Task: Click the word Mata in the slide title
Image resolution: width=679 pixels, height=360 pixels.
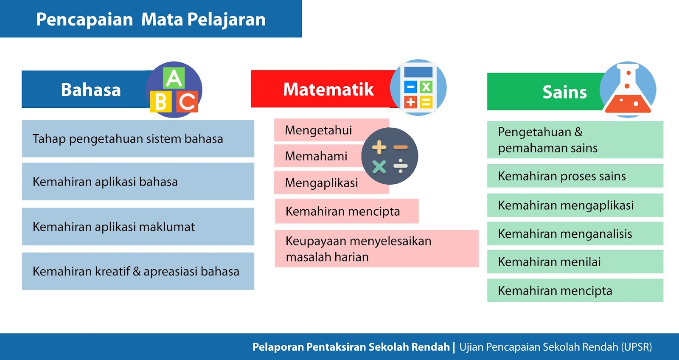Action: click(162, 20)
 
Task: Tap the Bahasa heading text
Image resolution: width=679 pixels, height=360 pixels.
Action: click(91, 90)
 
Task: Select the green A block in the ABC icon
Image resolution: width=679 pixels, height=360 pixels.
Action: click(174, 78)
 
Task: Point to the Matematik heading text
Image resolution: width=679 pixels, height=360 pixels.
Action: click(328, 90)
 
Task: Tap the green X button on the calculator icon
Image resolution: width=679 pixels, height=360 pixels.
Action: click(426, 87)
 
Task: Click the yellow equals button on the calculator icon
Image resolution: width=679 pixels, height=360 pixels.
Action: click(426, 102)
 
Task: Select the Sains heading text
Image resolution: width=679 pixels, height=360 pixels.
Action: click(564, 92)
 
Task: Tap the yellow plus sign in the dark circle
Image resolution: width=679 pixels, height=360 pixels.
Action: click(379, 147)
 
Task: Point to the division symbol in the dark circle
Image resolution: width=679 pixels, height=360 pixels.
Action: click(401, 166)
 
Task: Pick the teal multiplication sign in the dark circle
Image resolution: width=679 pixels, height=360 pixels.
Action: click(379, 167)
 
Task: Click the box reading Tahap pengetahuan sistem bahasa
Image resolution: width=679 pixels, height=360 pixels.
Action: click(138, 138)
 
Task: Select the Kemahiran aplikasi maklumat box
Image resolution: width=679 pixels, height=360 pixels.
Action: click(138, 227)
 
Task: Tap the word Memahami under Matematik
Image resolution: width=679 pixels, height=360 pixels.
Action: click(316, 156)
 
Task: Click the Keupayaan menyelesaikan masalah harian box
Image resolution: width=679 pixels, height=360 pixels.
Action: click(376, 249)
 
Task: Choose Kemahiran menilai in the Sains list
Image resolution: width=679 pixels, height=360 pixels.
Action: click(549, 262)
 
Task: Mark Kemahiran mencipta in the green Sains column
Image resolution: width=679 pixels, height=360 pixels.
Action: click(555, 290)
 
